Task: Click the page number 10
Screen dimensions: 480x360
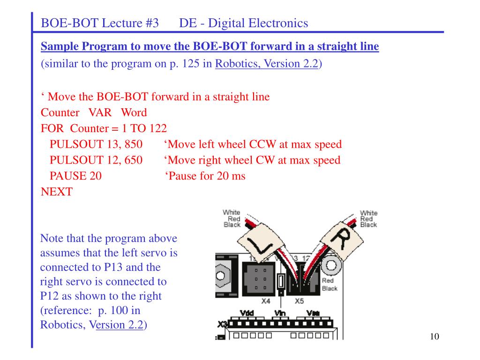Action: point(435,337)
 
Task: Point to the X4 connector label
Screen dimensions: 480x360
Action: point(266,301)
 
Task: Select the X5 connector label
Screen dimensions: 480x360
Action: point(299,301)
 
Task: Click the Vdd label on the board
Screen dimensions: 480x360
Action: point(247,313)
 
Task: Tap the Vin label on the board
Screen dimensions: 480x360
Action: point(280,313)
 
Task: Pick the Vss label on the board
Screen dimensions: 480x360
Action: point(314,313)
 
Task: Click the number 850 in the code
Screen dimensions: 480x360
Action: point(134,144)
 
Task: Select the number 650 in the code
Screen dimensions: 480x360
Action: point(134,160)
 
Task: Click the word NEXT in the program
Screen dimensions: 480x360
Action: point(57,192)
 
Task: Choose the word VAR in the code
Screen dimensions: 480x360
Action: point(100,112)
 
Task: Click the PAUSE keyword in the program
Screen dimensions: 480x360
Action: point(68,176)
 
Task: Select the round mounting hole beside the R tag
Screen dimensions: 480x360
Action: point(331,265)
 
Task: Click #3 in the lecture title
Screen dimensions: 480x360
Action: point(152,23)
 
